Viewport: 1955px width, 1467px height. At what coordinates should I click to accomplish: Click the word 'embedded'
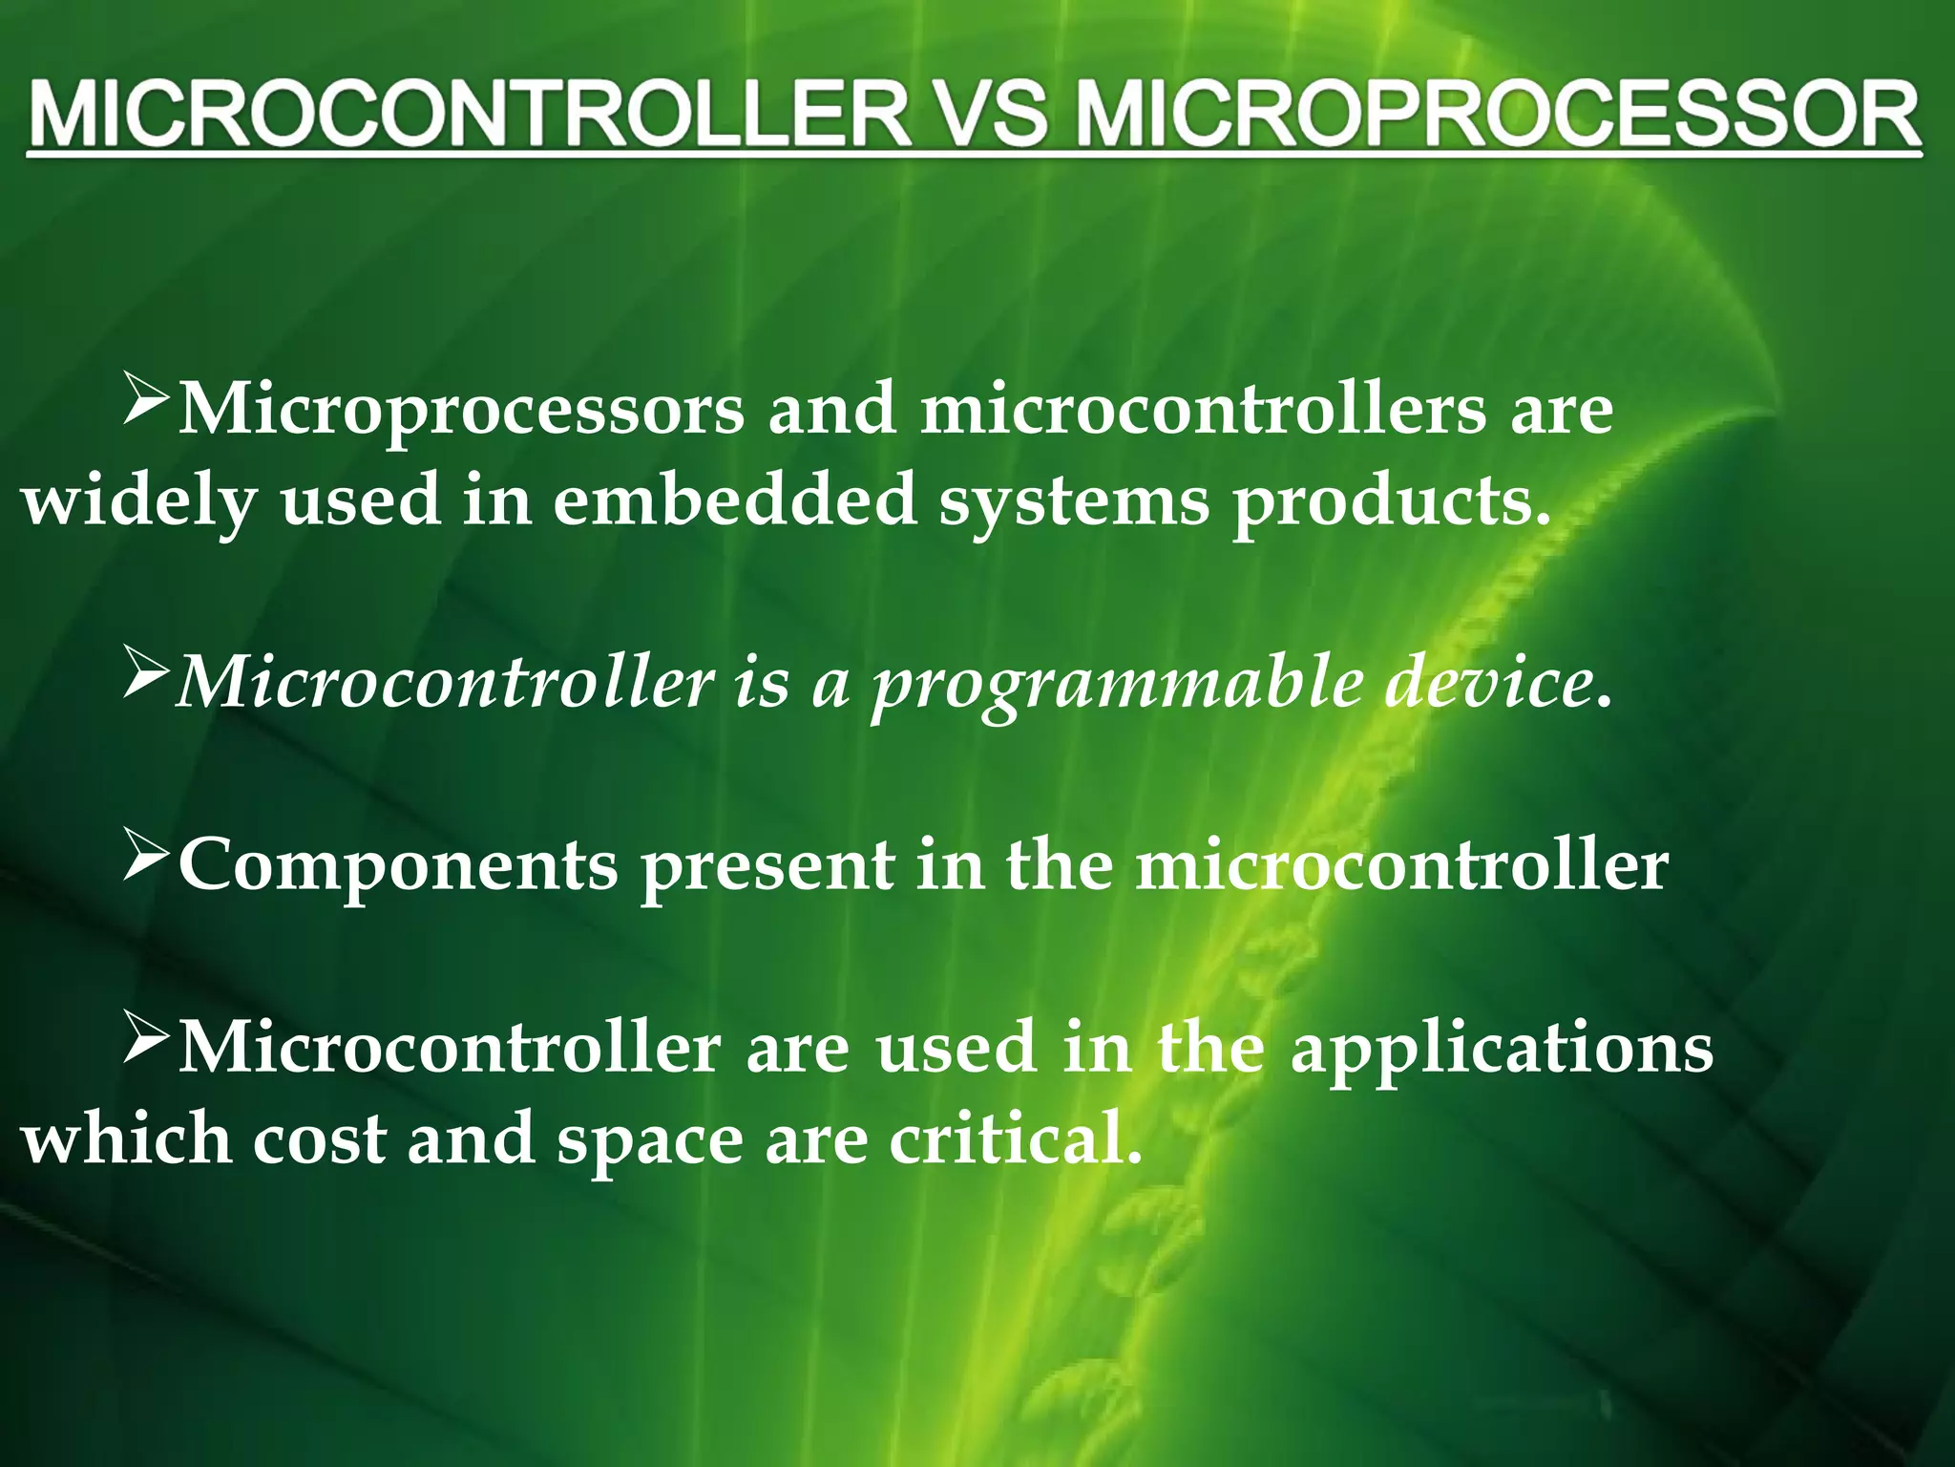[735, 500]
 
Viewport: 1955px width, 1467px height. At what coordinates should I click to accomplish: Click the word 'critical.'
[1016, 1140]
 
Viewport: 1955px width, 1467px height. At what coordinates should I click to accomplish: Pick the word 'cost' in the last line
[320, 1140]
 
